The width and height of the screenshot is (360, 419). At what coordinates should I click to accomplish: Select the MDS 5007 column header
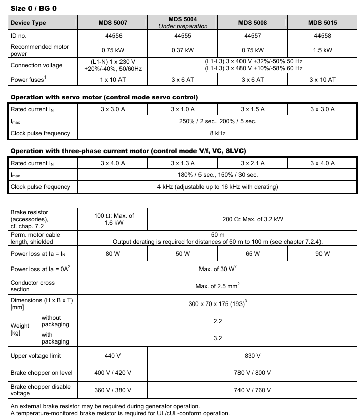[113, 23]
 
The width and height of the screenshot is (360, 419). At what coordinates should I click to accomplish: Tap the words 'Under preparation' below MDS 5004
[183, 26]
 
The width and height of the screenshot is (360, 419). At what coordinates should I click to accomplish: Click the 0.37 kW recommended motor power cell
[183, 50]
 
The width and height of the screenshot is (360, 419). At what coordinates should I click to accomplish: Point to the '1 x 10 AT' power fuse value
[113, 80]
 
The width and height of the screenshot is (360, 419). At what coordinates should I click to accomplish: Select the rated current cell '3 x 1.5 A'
[252, 109]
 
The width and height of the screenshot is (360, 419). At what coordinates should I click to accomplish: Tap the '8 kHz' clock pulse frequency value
[217, 133]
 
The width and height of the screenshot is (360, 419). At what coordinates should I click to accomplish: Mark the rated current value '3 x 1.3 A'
[183, 163]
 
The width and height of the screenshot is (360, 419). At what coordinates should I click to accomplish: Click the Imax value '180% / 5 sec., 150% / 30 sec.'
[217, 175]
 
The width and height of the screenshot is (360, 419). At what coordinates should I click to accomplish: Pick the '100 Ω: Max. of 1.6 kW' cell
[113, 219]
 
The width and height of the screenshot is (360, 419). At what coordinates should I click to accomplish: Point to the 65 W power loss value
[252, 253]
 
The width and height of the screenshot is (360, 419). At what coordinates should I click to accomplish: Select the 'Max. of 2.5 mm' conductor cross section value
[217, 286]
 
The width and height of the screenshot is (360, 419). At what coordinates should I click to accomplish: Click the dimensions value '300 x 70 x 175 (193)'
[217, 303]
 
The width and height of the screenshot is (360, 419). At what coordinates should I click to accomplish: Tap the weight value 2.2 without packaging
[217, 321]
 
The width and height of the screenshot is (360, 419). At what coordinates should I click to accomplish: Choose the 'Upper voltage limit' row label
[35, 356]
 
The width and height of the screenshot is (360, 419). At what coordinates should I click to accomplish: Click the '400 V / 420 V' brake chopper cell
[113, 373]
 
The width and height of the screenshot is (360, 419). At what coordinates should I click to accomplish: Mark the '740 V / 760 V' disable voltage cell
[252, 390]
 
